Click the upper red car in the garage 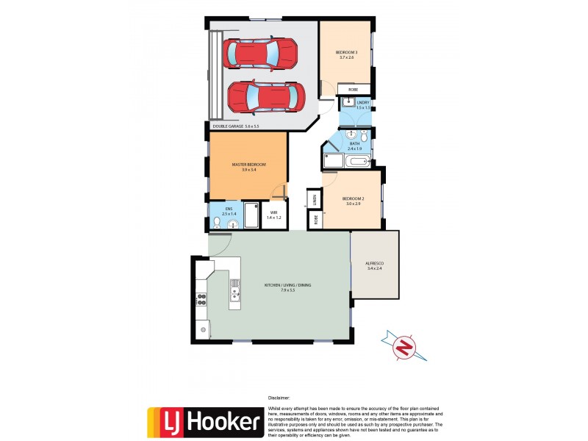pyautogui.click(x=261, y=53)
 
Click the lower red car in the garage pyautogui.click(x=266, y=96)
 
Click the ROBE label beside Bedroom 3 pyautogui.click(x=353, y=90)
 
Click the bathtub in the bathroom pyautogui.click(x=359, y=161)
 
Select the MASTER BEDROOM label pyautogui.click(x=248, y=167)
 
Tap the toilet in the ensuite pyautogui.click(x=218, y=222)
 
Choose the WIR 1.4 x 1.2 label pyautogui.click(x=273, y=215)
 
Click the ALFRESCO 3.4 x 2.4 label pyautogui.click(x=375, y=265)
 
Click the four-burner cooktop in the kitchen pyautogui.click(x=201, y=298)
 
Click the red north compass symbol pyautogui.click(x=402, y=348)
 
